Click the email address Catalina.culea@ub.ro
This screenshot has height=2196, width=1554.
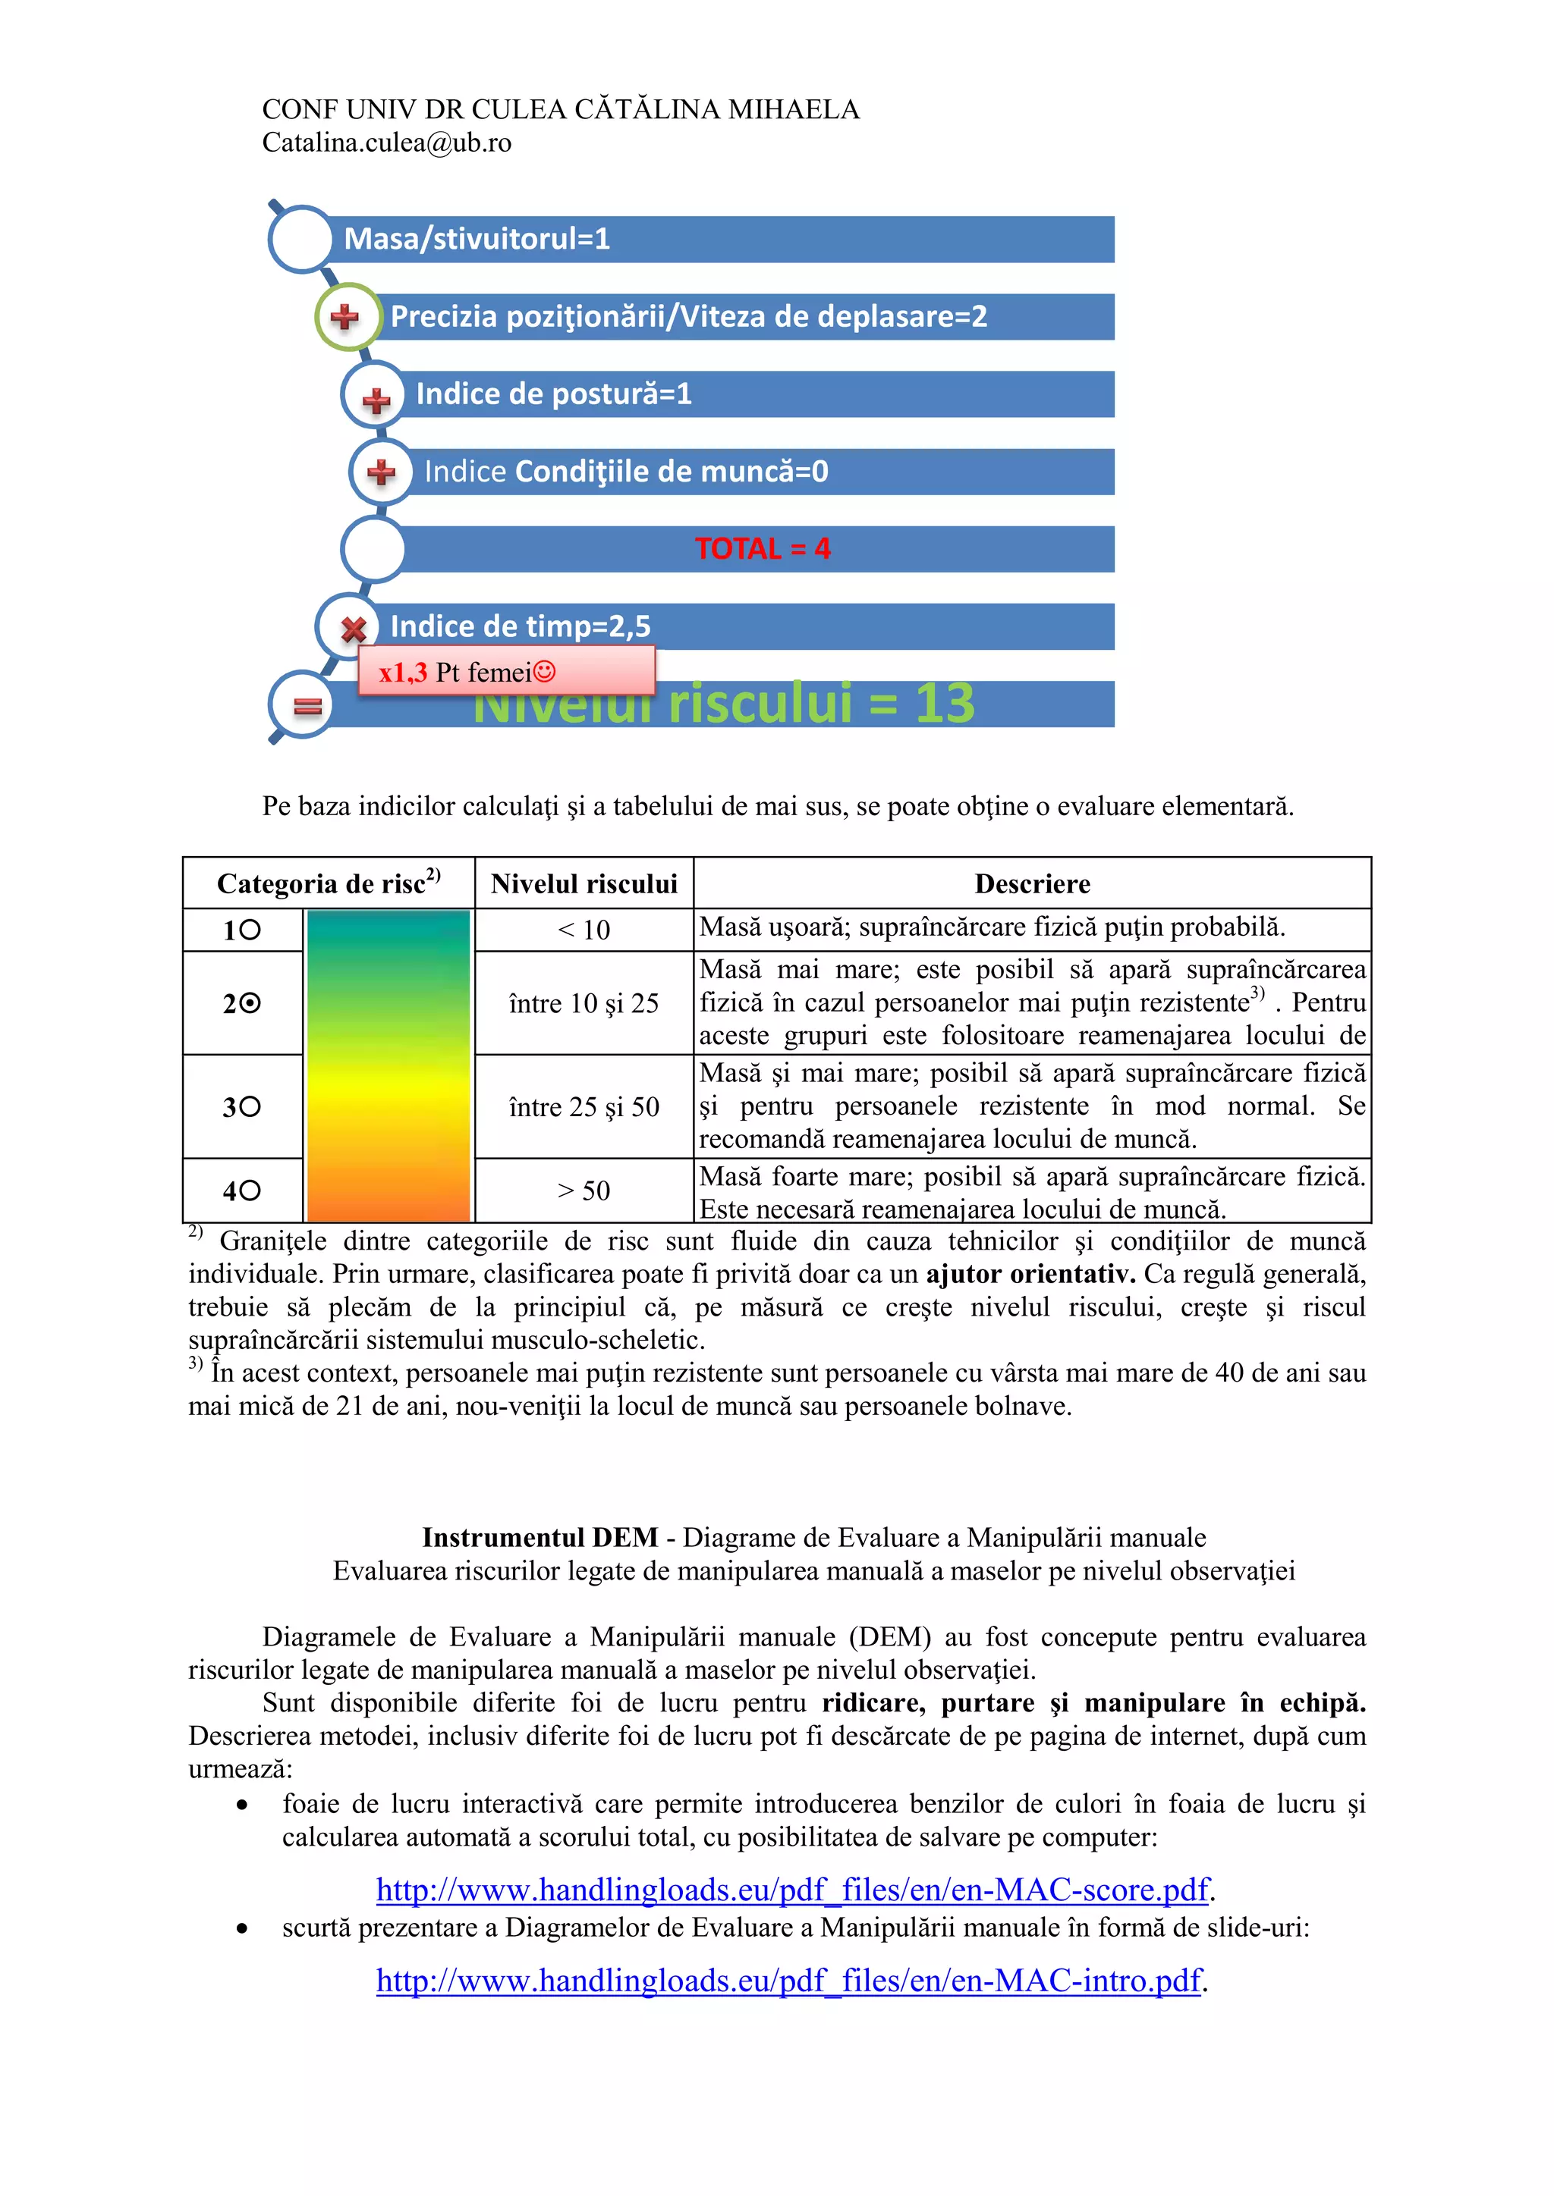click(386, 143)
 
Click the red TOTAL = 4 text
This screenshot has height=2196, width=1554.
click(762, 549)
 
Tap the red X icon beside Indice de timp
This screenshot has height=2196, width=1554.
click(353, 629)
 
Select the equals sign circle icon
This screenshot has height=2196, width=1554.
click(307, 706)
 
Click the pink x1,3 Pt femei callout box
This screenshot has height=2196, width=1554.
click(506, 670)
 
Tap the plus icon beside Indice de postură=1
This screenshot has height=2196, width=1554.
click(376, 399)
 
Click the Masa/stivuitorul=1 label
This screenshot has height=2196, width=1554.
click(477, 238)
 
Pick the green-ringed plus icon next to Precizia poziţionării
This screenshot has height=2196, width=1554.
click(344, 316)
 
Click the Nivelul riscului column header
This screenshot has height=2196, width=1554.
click(584, 883)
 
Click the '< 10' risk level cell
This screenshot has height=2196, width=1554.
click(584, 930)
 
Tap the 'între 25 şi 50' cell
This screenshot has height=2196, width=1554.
click(584, 1106)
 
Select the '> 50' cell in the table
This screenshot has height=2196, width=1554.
click(584, 1191)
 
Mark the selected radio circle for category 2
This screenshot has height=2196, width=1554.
click(250, 1003)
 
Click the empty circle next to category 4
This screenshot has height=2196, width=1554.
click(250, 1191)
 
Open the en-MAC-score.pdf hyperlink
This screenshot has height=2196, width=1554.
click(792, 1890)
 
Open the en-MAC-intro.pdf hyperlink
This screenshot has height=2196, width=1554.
click(788, 1980)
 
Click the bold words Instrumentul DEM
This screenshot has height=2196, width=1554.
click(539, 1538)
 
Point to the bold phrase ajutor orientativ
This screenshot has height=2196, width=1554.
click(1030, 1274)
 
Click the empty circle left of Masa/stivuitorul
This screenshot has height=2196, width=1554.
click(301, 239)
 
